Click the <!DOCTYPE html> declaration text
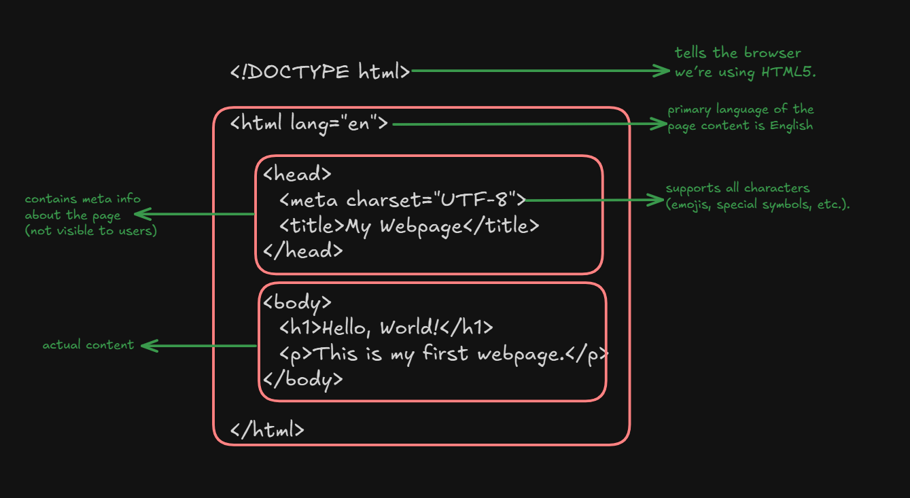coord(320,71)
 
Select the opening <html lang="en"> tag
coord(309,124)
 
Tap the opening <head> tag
coord(297,175)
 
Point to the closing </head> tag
coord(302,251)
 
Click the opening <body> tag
coord(297,302)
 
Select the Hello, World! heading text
coord(381,328)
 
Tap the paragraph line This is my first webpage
coord(442,354)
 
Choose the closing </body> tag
coord(302,379)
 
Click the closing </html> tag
coord(267,430)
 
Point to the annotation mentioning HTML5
coord(744,63)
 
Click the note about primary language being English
coord(740,118)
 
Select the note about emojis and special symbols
coord(757,196)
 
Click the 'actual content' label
coord(88,345)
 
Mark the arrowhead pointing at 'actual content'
coord(147,346)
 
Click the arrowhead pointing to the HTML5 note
coord(664,71)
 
